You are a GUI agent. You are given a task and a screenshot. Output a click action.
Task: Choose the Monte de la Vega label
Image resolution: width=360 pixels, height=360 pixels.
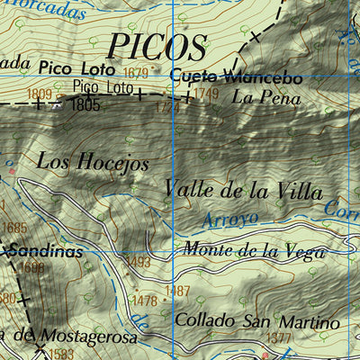(x=253, y=251)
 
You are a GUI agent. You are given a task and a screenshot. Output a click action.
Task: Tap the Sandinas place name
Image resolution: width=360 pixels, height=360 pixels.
(x=46, y=253)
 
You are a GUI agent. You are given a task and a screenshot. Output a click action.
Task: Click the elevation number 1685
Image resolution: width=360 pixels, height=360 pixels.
(x=15, y=229)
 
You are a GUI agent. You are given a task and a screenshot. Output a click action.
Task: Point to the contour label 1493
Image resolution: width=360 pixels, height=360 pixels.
(x=137, y=262)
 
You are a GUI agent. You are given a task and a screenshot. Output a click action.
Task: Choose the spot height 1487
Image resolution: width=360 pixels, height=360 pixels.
(x=178, y=291)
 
